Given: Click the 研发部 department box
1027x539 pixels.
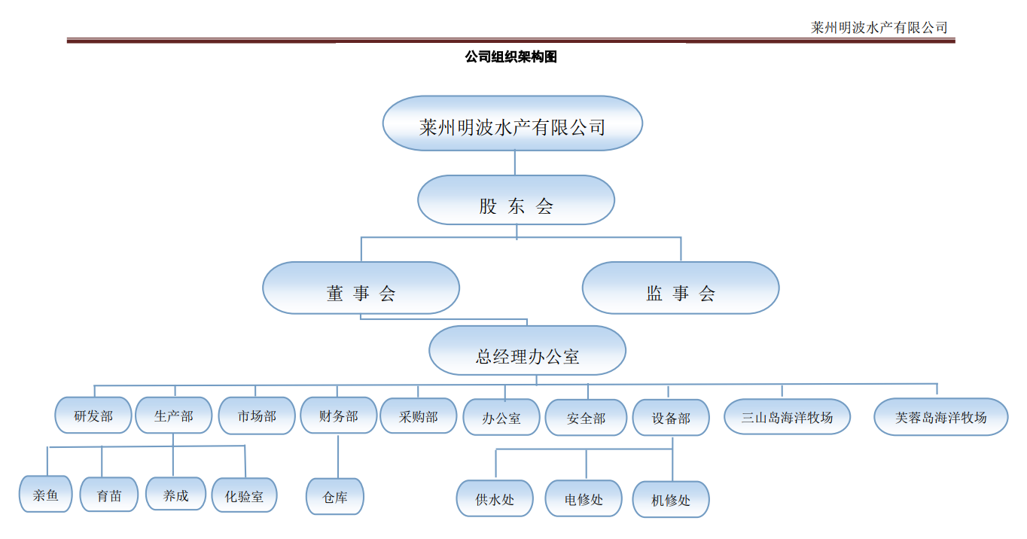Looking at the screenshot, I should click(x=93, y=416).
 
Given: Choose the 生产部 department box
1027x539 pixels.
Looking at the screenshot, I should click(x=174, y=416).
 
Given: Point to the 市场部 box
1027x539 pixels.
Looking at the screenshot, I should click(x=257, y=416).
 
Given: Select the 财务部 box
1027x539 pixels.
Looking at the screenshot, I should click(x=338, y=416).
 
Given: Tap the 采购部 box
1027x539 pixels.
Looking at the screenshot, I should click(x=418, y=416).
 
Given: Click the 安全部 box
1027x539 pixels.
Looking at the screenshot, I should click(x=586, y=418).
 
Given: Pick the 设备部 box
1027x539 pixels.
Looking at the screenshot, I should click(x=671, y=418).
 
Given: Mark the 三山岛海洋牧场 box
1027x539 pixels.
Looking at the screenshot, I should click(x=787, y=417).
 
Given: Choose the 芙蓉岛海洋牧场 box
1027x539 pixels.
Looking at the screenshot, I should click(x=940, y=417).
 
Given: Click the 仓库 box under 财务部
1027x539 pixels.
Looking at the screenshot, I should click(x=335, y=497).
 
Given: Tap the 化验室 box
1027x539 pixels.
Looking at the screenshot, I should click(x=244, y=496).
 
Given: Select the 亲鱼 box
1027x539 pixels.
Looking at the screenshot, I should click(x=46, y=495).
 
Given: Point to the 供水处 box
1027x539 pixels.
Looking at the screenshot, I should click(x=495, y=498).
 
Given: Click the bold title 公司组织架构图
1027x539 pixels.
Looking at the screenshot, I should click(x=511, y=57).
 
